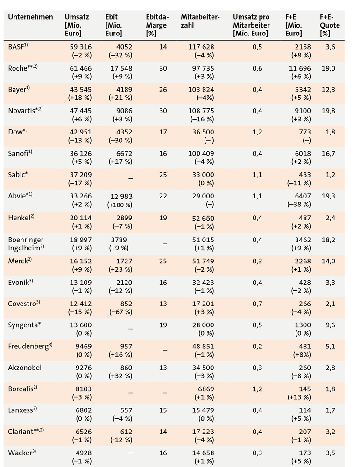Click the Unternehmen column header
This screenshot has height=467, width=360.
pos(30,17)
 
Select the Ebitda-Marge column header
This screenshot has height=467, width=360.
pos(157,25)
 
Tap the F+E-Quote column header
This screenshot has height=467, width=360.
pos(330,25)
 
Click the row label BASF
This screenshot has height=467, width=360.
pos(18,46)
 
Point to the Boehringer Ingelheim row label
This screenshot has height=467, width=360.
pos(26,244)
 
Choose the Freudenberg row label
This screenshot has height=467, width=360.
pos(30,347)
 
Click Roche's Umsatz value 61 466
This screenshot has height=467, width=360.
pos(81,68)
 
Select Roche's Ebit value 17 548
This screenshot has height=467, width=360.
pos(121,68)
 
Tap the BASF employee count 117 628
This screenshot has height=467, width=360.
pos(201,47)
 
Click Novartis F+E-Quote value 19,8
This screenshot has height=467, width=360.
pos(328,111)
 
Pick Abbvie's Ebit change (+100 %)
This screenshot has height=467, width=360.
pos(120,205)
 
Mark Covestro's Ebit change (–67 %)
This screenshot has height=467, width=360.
pos(120,312)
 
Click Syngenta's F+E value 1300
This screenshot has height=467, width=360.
pos(303,325)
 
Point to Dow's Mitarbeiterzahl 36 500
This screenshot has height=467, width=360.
pos(203,132)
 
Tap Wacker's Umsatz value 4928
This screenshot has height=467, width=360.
pos(84,453)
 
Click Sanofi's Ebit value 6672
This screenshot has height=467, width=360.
pos(124,153)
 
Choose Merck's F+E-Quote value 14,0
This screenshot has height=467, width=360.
pos(328,261)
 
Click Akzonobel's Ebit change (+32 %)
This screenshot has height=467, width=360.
pos(120,376)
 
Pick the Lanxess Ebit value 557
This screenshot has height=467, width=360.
pos(126,410)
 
